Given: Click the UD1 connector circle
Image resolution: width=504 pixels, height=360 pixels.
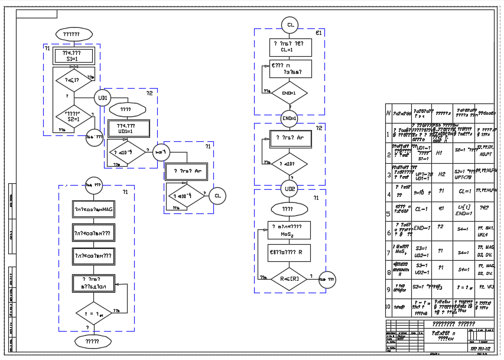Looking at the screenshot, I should tap(103, 98).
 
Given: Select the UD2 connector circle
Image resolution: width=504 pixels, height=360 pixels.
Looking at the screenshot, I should tap(290, 189).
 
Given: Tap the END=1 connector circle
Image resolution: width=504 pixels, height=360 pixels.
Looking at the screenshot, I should tap(290, 118).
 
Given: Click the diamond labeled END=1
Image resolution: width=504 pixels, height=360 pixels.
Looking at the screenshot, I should tap(290, 93).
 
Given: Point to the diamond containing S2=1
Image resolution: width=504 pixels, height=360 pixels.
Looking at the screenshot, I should tap(73, 116).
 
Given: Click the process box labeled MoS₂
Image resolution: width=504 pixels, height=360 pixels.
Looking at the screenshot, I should tap(288, 230).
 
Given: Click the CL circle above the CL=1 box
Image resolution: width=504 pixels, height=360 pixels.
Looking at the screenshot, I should tap(290, 25).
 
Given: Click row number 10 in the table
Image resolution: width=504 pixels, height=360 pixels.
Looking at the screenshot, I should tap(388, 307).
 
